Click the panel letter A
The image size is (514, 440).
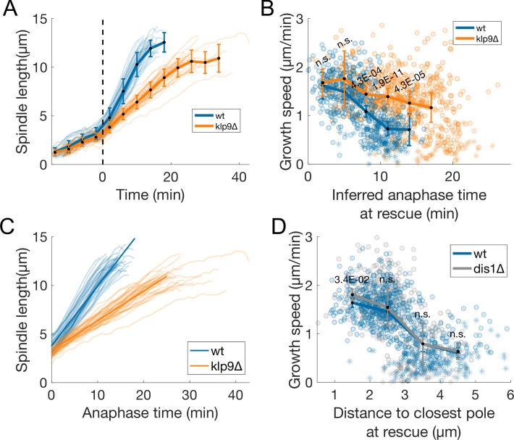coord(9,9)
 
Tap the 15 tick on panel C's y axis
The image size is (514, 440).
coord(40,237)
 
